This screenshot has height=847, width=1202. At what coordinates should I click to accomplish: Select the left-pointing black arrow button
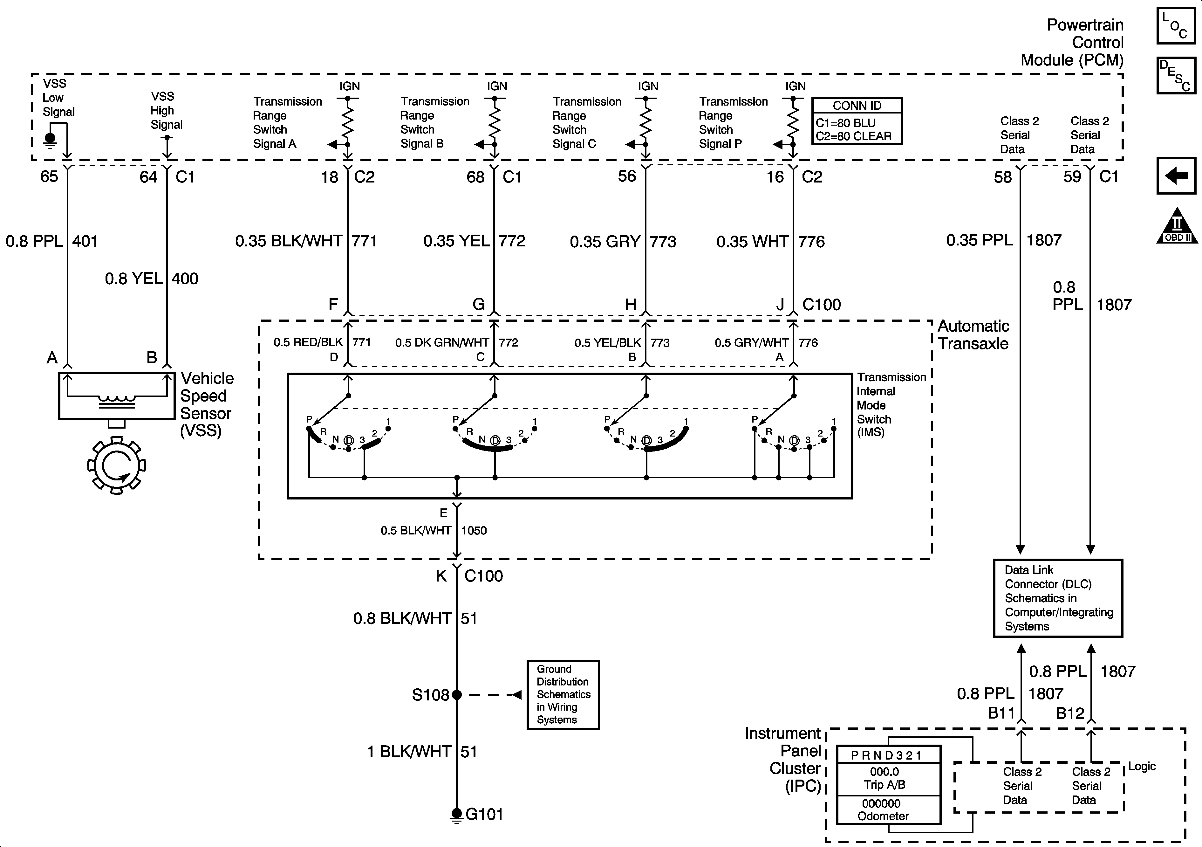point(1176,176)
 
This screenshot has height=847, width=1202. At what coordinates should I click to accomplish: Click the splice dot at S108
point(456,695)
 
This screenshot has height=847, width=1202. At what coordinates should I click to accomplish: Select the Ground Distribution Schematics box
point(563,695)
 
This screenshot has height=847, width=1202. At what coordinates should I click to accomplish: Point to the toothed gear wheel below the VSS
point(116,465)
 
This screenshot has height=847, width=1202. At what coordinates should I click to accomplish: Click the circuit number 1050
point(474,531)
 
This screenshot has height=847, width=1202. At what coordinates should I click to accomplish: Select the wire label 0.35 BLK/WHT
point(289,241)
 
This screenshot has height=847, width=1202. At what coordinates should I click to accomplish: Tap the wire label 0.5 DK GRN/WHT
point(442,342)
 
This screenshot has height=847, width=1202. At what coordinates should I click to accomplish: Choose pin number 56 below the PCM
point(627,176)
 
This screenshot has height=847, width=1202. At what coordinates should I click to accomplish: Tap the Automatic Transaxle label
point(973,335)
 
